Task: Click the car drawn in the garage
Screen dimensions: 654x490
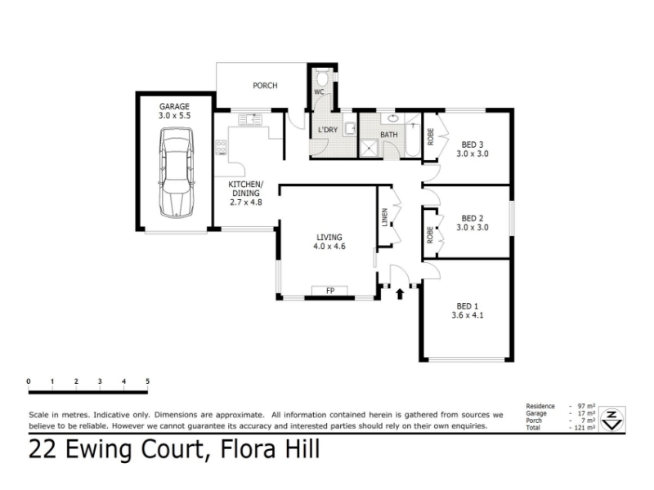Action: click(x=177, y=172)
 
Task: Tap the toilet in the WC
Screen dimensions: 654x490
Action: click(x=322, y=78)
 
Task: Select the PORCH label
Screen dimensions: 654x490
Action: click(x=265, y=86)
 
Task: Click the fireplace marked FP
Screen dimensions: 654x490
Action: click(x=330, y=291)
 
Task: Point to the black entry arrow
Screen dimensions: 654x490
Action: click(x=400, y=294)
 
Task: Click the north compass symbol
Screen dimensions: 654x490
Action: click(x=611, y=419)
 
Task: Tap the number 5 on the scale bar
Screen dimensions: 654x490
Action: click(x=148, y=381)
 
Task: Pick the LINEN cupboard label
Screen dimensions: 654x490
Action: click(x=385, y=217)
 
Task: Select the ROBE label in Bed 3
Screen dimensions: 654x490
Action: click(x=431, y=136)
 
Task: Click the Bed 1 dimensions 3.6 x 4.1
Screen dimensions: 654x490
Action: click(x=467, y=315)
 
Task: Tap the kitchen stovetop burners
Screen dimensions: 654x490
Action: click(x=221, y=148)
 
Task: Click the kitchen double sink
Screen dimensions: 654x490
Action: click(x=250, y=119)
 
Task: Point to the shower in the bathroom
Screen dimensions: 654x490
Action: click(x=370, y=149)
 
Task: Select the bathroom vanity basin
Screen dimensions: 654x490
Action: click(x=393, y=118)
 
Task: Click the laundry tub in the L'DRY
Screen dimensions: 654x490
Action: click(x=350, y=129)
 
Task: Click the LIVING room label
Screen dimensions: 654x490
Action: click(x=329, y=238)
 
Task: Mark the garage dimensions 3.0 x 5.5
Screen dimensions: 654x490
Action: click(x=174, y=115)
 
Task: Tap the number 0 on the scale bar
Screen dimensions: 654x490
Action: click(x=29, y=381)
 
